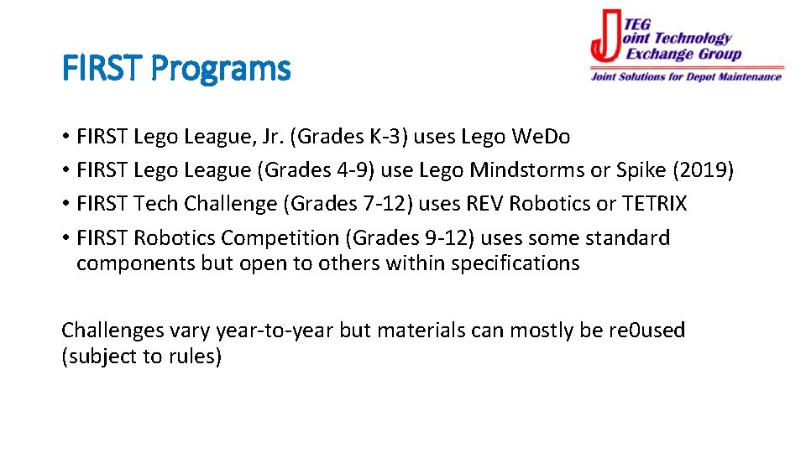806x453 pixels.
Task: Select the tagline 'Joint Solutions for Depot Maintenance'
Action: [x=686, y=77]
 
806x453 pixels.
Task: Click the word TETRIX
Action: [x=655, y=204]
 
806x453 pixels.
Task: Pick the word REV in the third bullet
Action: [x=487, y=204]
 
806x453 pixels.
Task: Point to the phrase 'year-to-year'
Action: [x=275, y=331]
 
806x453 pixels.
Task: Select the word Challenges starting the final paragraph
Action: [x=113, y=331]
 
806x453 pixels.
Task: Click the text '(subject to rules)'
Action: [x=142, y=357]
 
